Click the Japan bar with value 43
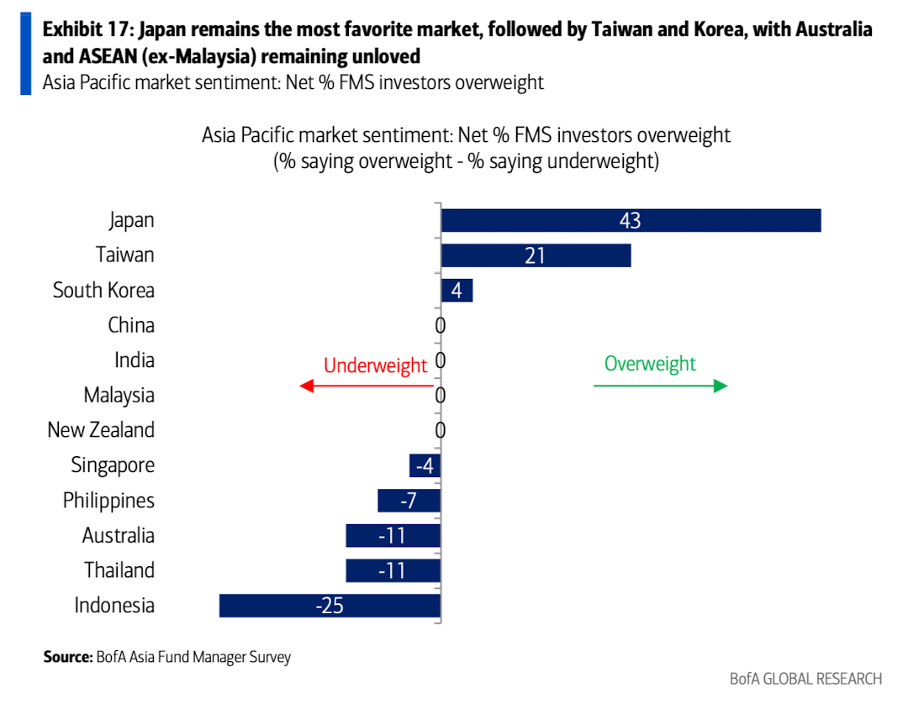tap(631, 220)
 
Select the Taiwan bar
tap(536, 255)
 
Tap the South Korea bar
tap(457, 291)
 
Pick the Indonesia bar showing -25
tap(330, 606)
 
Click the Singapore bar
tap(425, 465)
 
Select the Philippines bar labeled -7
tap(409, 501)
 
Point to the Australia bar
tap(393, 536)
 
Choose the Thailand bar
tap(393, 571)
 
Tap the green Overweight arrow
tap(660, 386)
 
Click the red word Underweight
tap(375, 365)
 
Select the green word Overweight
tap(650, 364)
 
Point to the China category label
tap(131, 325)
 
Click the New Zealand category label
tap(101, 430)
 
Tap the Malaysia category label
tap(119, 395)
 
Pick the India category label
tap(135, 360)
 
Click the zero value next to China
tap(440, 326)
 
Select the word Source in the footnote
tap(67, 657)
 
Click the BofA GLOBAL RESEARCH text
tap(805, 679)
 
